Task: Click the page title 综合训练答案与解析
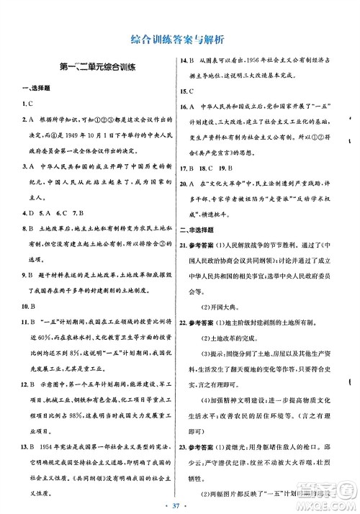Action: [x=179, y=37]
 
